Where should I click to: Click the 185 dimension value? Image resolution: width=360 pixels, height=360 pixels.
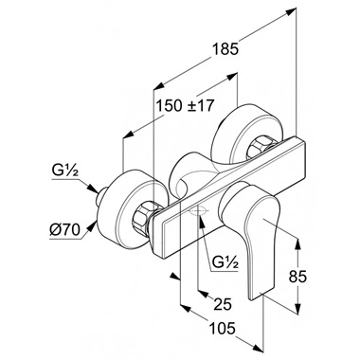point(225,49)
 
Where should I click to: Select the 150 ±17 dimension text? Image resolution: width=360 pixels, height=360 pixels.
point(186,105)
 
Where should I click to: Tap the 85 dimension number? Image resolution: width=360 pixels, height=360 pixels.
point(297,277)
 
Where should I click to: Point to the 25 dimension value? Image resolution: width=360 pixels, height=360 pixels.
point(223,304)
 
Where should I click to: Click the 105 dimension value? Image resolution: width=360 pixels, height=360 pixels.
point(223,328)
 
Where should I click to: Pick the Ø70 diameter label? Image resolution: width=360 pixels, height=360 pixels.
point(65,230)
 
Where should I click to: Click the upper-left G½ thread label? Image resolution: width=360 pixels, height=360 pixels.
point(65,172)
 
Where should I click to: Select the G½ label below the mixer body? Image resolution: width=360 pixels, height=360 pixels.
point(225,261)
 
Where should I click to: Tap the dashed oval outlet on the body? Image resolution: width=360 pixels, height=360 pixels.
point(198,211)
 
